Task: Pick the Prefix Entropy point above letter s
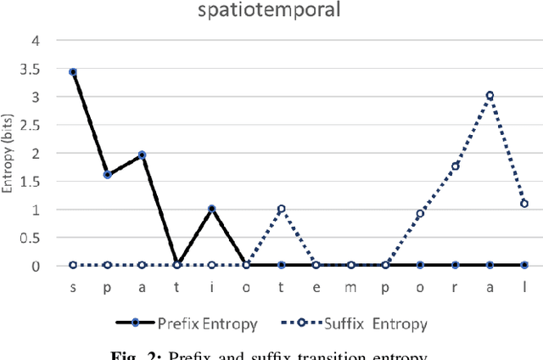coord(73,72)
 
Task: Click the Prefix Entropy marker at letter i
coord(212,209)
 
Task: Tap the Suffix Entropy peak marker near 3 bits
coord(490,95)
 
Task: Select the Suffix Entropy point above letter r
coord(455,166)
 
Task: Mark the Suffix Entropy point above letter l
coord(524,204)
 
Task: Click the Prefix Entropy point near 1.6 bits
coord(108,175)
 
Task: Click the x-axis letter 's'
coord(73,288)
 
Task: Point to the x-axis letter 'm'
coord(350,288)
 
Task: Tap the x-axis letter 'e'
coord(316,288)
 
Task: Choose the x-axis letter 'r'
coord(455,288)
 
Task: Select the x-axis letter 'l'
coord(524,288)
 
